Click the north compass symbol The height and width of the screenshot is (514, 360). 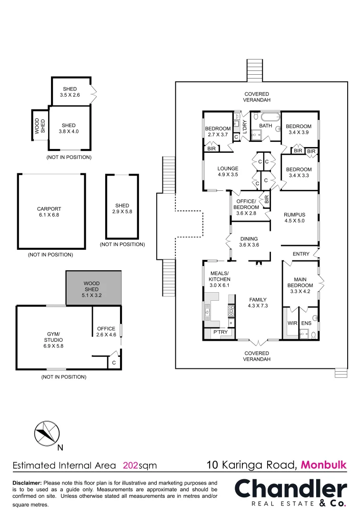[47, 433]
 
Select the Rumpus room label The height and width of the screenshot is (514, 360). [294, 217]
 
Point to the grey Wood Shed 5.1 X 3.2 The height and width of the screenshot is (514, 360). [91, 289]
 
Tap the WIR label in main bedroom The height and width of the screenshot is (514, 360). [292, 324]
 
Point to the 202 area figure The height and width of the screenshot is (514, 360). [130, 465]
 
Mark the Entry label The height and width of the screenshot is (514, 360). [300, 254]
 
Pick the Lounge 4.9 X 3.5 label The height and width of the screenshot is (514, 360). [228, 171]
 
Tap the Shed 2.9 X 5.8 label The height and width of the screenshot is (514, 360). [122, 208]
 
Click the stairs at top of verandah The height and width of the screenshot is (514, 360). [255, 70]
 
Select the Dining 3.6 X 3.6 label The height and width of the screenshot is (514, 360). [249, 242]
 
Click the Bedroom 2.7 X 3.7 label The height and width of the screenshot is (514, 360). [218, 132]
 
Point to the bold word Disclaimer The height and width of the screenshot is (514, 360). [27, 483]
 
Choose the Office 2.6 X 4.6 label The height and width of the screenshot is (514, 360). [106, 331]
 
